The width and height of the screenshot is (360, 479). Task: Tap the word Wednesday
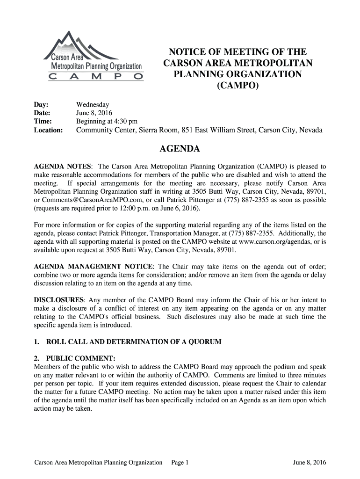point(93,105)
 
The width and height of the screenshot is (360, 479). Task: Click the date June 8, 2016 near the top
point(93,113)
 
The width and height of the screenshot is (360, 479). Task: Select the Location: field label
point(48,130)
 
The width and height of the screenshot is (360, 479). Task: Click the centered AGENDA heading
point(180,149)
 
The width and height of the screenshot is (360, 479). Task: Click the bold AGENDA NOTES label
point(63,167)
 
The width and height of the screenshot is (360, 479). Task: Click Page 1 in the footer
point(180,463)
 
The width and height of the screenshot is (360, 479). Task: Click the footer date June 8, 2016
point(310,463)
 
